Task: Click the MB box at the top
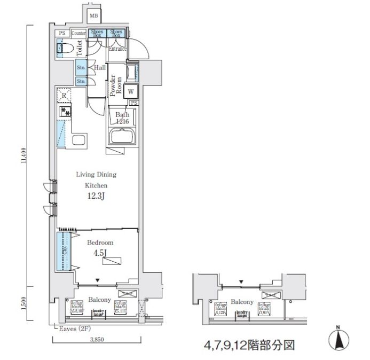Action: (x=93, y=16)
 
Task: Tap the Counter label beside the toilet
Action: (x=79, y=33)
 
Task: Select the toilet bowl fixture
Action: (x=65, y=49)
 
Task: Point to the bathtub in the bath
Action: (x=123, y=136)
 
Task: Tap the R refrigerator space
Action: (x=64, y=96)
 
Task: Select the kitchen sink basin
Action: (x=77, y=140)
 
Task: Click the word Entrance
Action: (x=117, y=49)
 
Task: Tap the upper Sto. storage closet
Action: (x=81, y=68)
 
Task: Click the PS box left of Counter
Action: (x=62, y=33)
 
